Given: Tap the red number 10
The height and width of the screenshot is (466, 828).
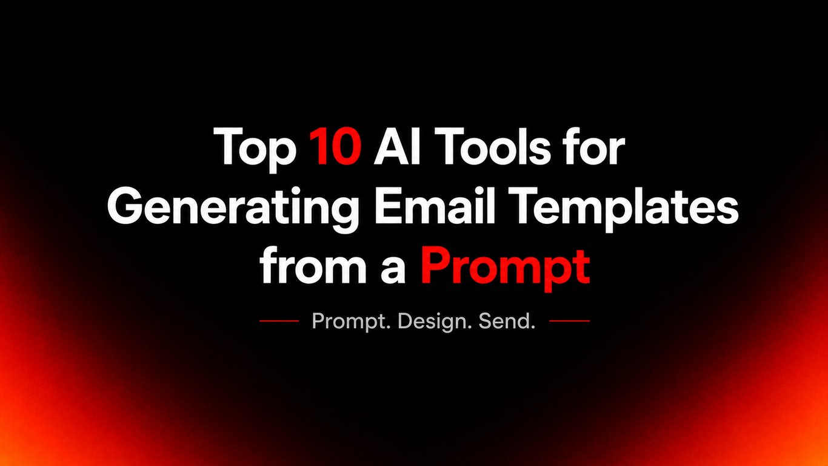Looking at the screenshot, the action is tap(335, 146).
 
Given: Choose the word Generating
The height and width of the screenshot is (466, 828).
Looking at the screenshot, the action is tap(233, 209).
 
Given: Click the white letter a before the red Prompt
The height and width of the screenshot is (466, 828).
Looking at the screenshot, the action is tap(393, 269).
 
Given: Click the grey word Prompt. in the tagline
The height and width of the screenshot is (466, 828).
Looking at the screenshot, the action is tap(351, 321).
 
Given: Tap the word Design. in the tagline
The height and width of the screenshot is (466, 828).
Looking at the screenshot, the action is tap(435, 321).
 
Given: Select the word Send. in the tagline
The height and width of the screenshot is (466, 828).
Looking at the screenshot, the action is tap(507, 321).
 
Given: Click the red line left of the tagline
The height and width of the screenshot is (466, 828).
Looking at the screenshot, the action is tap(279, 321).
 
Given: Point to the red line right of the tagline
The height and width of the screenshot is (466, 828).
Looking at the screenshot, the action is tap(570, 321).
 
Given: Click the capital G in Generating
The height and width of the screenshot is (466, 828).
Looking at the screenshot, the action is tap(125, 205).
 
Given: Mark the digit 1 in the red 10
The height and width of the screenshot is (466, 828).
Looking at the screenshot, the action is tap(318, 146).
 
